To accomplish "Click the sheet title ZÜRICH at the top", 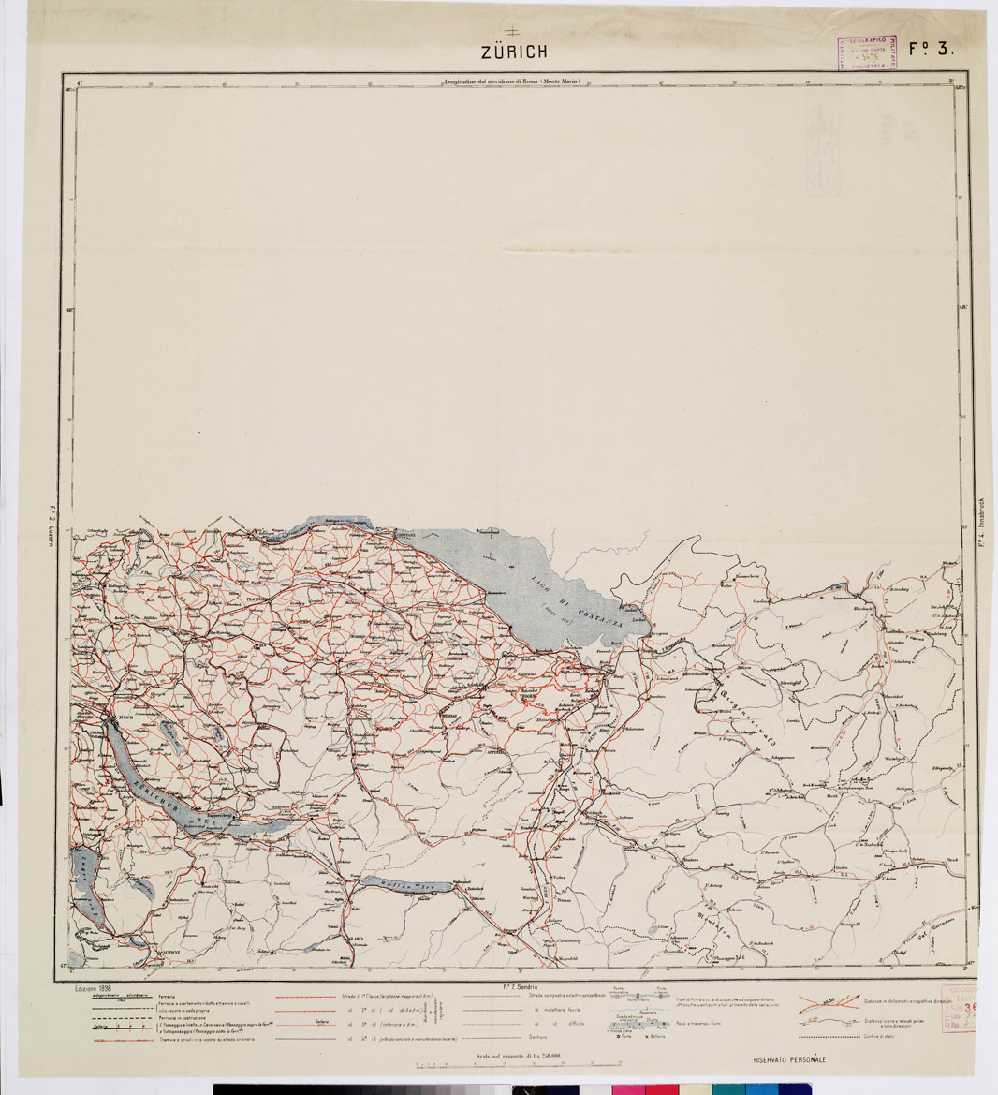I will click(x=514, y=52).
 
